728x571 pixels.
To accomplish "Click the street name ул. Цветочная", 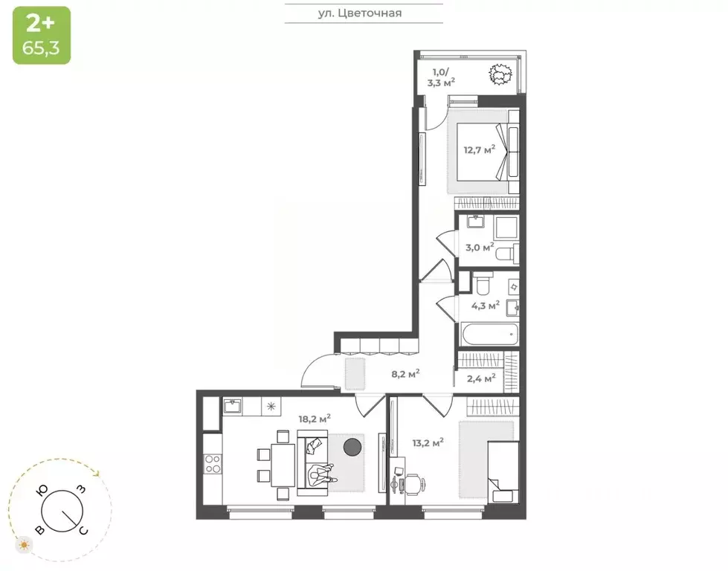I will (364, 13).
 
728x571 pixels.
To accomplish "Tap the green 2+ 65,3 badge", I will (42, 35).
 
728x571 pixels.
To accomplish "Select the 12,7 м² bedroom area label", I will (479, 150).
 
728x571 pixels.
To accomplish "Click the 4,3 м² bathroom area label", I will (485, 304).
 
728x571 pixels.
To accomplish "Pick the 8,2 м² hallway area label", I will (405, 373).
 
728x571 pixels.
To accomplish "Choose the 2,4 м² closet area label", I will (480, 378).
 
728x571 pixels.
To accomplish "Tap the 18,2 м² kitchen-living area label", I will (315, 419).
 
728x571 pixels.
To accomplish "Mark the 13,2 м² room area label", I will (428, 442).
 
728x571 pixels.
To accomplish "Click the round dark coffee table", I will (352, 447).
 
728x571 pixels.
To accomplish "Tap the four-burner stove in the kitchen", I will (212, 464).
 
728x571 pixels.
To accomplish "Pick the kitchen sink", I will (231, 406).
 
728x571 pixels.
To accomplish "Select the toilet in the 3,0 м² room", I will (506, 253).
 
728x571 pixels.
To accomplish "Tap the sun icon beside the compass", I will (25, 545).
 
